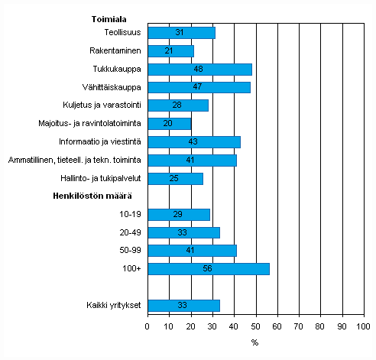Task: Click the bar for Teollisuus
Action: click(x=181, y=33)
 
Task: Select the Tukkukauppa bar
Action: click(x=199, y=70)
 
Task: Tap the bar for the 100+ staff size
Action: click(x=208, y=269)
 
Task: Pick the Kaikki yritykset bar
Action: click(x=183, y=306)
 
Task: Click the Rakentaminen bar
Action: click(x=170, y=51)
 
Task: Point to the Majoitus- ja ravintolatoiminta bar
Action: click(x=169, y=124)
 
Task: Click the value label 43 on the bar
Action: click(x=194, y=142)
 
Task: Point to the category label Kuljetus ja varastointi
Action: click(x=102, y=105)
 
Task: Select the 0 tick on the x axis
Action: click(x=147, y=326)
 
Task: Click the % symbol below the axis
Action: click(x=254, y=343)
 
